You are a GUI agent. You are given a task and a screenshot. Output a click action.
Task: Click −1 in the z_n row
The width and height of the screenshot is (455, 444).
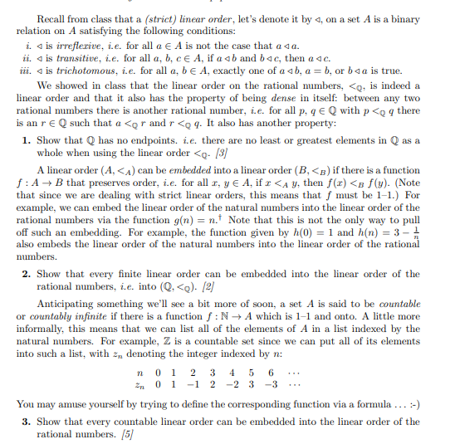tap(198, 384)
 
